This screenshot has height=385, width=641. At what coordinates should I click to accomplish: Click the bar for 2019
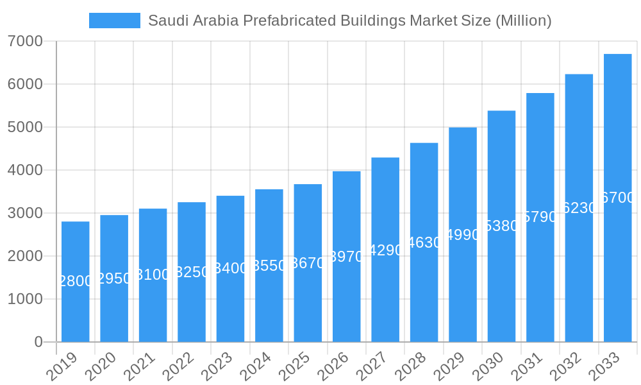click(x=76, y=282)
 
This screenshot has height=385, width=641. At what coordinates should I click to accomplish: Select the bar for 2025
click(x=308, y=263)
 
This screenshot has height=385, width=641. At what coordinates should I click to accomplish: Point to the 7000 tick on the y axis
click(x=25, y=42)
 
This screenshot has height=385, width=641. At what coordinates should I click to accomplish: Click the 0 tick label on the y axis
click(x=38, y=342)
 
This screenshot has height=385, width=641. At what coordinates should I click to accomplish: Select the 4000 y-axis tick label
click(x=25, y=171)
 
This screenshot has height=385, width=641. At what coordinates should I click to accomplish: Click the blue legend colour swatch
click(x=115, y=21)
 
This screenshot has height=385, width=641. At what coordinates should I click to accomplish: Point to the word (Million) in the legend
click(x=523, y=21)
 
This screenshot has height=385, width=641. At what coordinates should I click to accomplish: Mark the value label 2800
click(x=76, y=281)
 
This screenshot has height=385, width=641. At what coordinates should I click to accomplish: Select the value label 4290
click(x=385, y=250)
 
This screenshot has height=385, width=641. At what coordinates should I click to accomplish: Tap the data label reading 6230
click(x=579, y=208)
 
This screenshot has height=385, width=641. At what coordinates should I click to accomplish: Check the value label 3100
click(x=153, y=275)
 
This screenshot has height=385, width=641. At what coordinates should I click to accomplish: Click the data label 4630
click(x=424, y=243)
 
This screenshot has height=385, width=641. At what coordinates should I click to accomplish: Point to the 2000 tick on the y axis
click(x=25, y=257)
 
